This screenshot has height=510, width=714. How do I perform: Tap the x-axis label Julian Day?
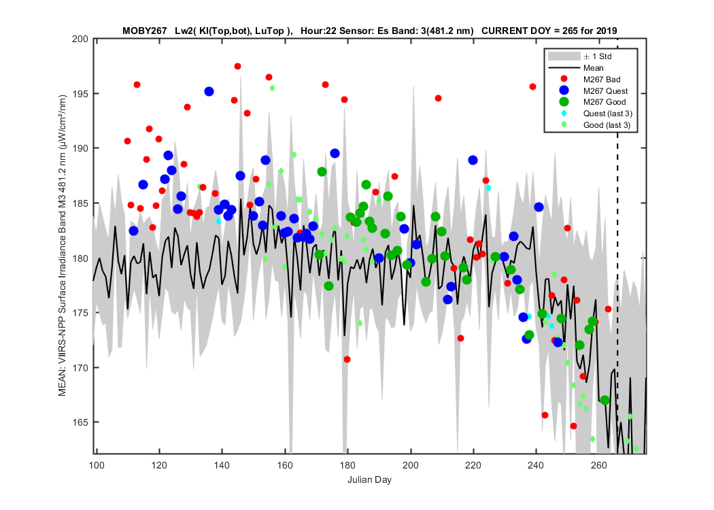point(369,479)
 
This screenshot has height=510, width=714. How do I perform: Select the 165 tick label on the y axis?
point(80,422)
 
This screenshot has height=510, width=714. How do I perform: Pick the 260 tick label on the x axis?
point(599,465)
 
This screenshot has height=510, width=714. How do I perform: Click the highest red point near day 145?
point(237,67)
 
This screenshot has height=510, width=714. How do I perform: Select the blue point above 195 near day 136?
point(209,92)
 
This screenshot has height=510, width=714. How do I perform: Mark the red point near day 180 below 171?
point(347,359)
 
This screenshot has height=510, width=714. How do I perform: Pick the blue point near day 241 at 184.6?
point(539,207)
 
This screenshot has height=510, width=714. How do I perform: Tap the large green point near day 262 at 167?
point(605,401)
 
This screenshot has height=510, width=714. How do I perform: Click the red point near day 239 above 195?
point(532,86)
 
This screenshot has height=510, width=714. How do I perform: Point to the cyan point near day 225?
point(488,188)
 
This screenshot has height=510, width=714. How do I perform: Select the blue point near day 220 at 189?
point(473,160)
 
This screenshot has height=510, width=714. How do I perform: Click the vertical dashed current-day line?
point(617,246)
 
